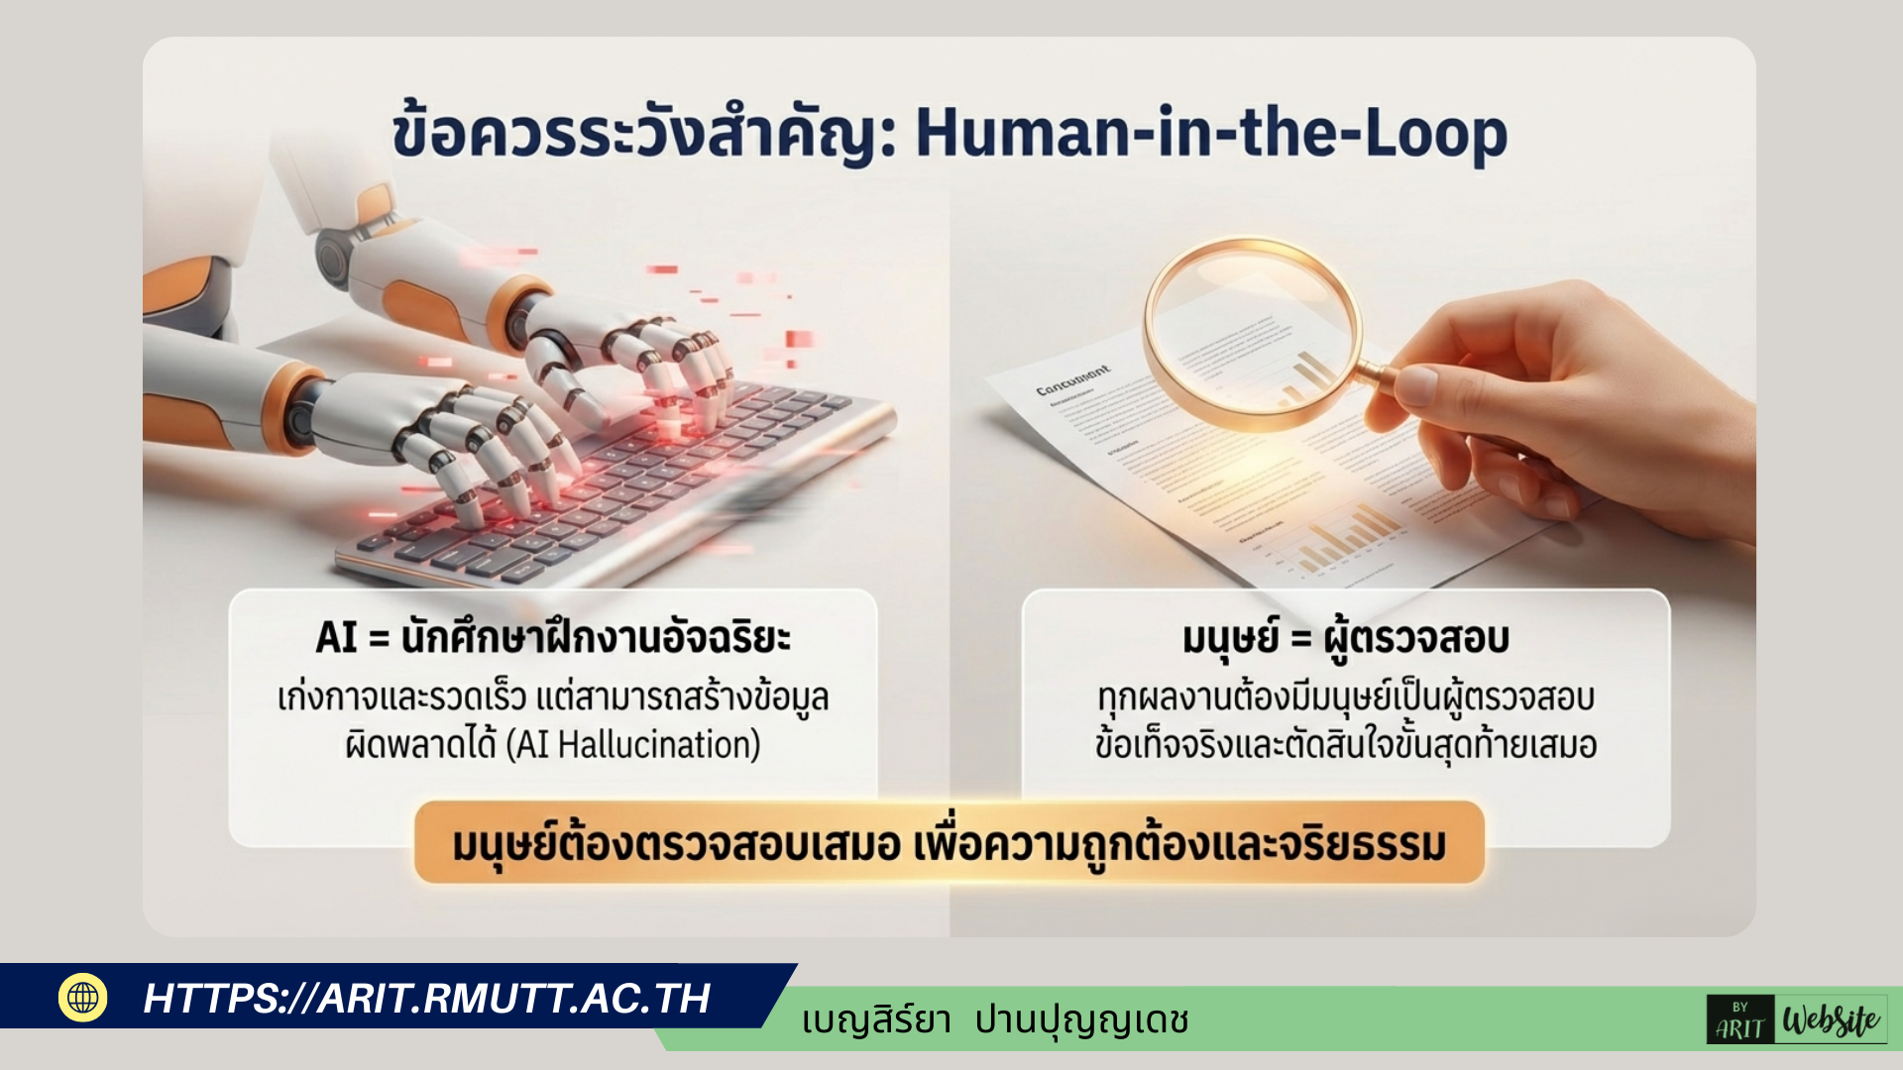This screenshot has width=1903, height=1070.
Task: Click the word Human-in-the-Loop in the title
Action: coord(1210,134)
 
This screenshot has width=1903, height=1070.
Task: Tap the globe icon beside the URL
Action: coord(83,997)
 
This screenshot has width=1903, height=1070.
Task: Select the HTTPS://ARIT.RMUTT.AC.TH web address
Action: coord(426,999)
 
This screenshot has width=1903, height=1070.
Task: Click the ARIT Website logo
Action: coord(1796,1019)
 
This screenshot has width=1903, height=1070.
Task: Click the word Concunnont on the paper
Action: coord(1072,380)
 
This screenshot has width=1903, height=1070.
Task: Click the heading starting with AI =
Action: coord(553,637)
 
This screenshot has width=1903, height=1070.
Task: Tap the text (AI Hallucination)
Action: coord(633,745)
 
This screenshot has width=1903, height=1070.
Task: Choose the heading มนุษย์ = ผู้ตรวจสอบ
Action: coord(1345,637)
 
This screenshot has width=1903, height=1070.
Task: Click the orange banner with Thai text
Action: coord(949,844)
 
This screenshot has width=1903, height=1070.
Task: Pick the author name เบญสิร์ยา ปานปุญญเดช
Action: coord(995,1019)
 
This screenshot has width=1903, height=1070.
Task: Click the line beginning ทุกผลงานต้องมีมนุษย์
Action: coord(1345,697)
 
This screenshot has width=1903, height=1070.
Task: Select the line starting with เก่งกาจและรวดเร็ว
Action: coord(553,697)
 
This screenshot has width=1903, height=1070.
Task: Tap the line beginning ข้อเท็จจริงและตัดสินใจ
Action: coord(1345,745)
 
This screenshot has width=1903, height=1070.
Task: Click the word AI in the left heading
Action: coord(335,637)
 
